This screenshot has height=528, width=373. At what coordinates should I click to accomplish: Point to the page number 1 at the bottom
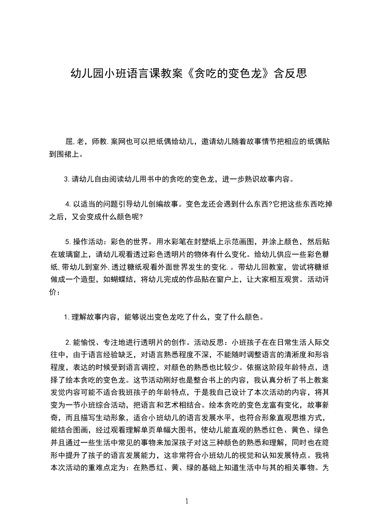(x=187, y=501)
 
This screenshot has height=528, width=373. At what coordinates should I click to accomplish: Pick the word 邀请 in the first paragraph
(x=209, y=141)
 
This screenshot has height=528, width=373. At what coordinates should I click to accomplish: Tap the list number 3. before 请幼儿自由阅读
(x=67, y=179)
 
